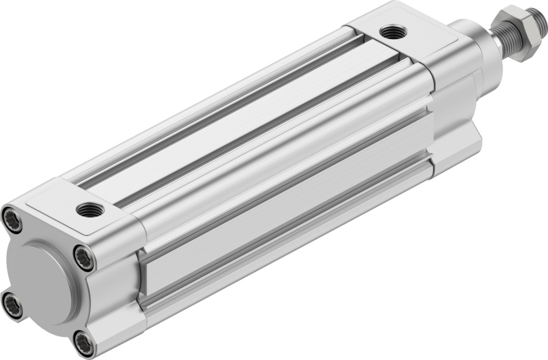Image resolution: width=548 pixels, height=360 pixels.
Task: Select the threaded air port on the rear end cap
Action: click(90, 210)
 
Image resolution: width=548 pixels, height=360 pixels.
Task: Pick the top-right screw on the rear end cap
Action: click(84, 258)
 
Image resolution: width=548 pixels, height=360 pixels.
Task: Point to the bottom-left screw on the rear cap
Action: click(12, 305)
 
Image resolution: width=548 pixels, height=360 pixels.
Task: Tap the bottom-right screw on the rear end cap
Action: click(84, 343)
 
